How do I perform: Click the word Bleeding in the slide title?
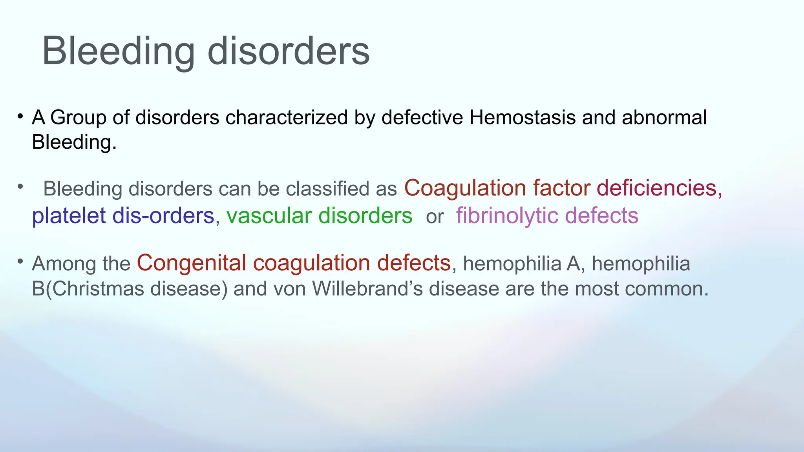coord(118,51)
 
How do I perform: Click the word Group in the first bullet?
coord(78,117)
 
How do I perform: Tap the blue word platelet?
coord(69,216)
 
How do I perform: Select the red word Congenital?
coord(192,262)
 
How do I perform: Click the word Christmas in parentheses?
coord(98,289)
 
